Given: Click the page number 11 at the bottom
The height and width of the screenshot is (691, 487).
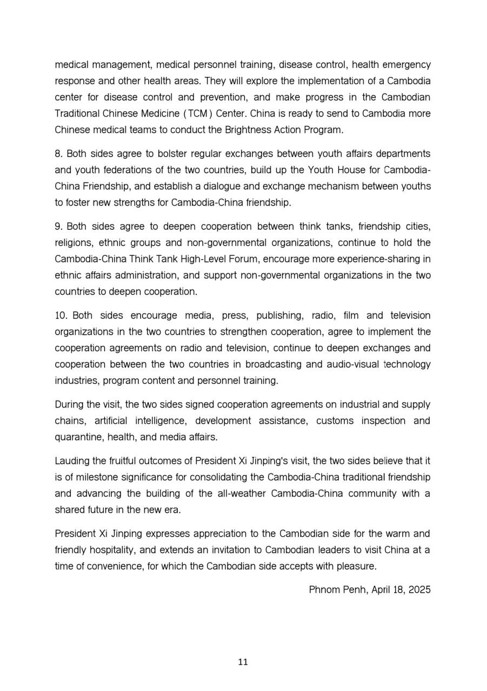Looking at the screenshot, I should (x=243, y=662).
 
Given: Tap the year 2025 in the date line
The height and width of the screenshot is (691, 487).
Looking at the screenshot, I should (x=419, y=590).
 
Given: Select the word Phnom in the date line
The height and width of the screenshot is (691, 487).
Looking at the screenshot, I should (x=322, y=590).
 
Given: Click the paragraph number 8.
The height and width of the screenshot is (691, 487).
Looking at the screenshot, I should (x=58, y=154).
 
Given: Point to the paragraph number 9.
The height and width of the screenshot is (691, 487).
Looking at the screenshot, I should (x=58, y=227).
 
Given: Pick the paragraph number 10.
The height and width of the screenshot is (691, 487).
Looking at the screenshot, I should (x=61, y=315).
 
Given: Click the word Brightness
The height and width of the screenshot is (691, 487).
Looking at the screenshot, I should (x=241, y=130).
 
